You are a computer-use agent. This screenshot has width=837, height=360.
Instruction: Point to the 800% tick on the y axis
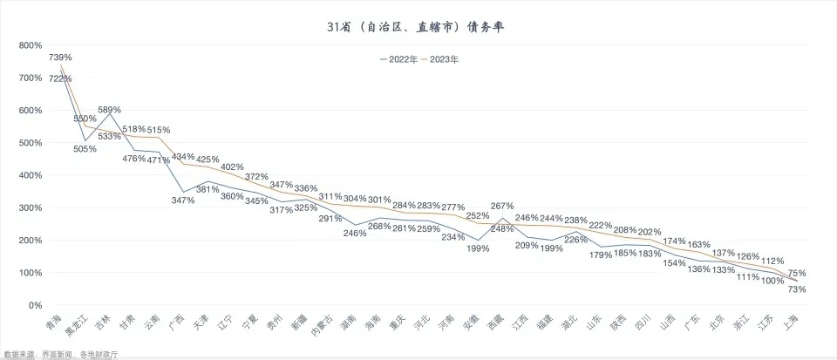pos(31,45)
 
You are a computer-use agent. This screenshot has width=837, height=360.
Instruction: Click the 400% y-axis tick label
pos(31,175)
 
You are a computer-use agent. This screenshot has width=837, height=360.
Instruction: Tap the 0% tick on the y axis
pos(36,306)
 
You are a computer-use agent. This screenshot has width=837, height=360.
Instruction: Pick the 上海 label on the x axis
pos(791,323)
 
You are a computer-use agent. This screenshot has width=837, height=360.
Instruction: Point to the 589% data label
pos(109,110)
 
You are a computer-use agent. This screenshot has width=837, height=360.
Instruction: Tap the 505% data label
pos(85,149)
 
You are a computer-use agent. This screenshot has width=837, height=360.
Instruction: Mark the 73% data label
pos(797,289)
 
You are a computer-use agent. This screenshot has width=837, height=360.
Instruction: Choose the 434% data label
pos(183,157)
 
